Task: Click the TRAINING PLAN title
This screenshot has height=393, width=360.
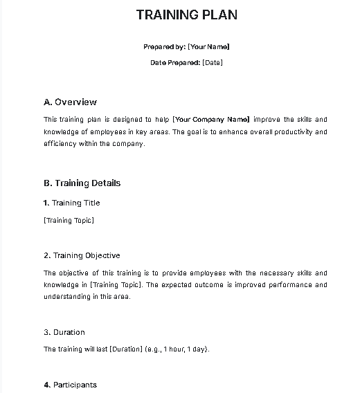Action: [186, 15]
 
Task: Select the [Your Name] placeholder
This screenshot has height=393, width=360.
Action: [208, 47]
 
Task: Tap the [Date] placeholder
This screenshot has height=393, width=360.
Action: [213, 63]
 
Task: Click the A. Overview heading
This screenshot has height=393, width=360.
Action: [70, 102]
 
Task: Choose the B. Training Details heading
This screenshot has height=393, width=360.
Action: [82, 183]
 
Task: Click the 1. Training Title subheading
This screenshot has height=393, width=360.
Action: [71, 203]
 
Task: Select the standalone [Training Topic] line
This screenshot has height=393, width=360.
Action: [69, 221]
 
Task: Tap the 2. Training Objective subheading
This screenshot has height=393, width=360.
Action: [81, 255]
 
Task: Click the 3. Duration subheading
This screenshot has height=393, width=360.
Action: [64, 332]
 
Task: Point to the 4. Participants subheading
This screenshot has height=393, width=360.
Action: [70, 385]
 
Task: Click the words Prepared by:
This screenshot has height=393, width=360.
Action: [164, 47]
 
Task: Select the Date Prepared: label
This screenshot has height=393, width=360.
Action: [175, 63]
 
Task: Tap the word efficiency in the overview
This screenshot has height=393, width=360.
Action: [60, 144]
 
